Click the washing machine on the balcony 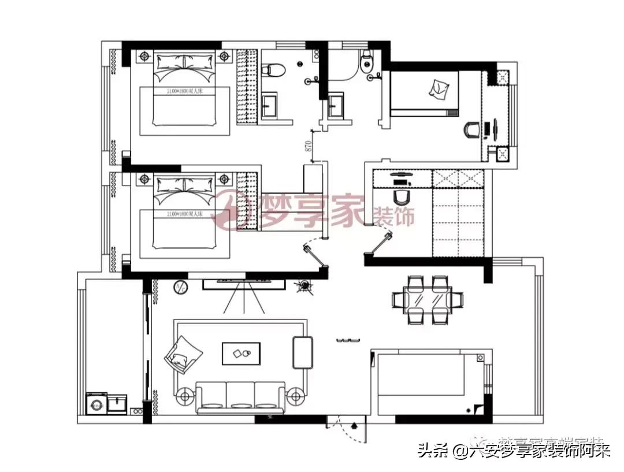pos(96,403)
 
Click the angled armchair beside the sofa pos(184,354)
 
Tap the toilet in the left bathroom pos(273,70)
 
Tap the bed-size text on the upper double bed pos(183,91)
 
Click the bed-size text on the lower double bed pos(183,214)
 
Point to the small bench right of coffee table pos(303,352)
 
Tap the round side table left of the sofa pos(185,397)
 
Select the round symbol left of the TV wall pos(180,285)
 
